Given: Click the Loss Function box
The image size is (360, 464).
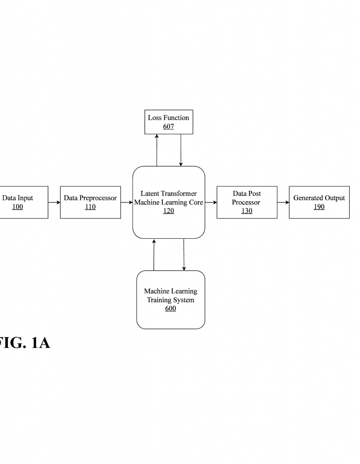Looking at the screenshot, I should [168, 121].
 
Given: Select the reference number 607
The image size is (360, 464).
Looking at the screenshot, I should [168, 126].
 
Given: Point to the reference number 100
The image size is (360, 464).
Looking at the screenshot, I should [18, 207].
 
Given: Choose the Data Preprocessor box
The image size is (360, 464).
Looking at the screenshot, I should [90, 202].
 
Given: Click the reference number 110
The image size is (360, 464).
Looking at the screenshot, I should [90, 207].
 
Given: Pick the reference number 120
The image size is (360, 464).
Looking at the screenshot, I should [168, 211].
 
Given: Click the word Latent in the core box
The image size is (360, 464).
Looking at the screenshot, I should [150, 193].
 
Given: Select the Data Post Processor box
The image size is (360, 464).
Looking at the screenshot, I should [247, 202].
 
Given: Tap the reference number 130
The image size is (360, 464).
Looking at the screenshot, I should [247, 211].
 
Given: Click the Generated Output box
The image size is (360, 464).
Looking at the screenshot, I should [319, 202].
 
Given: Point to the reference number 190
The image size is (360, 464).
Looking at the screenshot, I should [319, 207].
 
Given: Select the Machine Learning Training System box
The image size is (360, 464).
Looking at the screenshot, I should [170, 300].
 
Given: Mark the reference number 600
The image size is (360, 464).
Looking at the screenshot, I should [170, 309].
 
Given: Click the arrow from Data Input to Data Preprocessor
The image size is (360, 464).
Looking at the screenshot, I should [54, 203].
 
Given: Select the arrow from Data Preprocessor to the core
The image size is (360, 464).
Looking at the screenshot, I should [126, 203].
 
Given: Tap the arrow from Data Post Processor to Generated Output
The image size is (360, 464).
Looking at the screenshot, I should [283, 203].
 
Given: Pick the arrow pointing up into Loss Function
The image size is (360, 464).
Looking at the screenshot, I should [156, 150].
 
